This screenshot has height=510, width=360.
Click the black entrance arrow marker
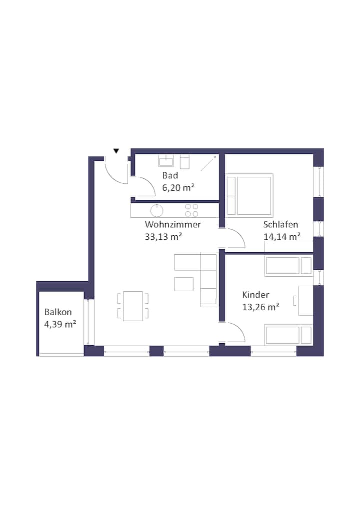(x=116, y=151)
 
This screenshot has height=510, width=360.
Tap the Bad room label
(x=170, y=176)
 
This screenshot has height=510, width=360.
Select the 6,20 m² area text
(x=178, y=188)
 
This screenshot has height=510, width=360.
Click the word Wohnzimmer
(x=173, y=224)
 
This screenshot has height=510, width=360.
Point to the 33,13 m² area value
(x=163, y=237)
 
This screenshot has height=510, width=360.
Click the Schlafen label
(x=280, y=224)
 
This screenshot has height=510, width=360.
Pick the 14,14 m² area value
(x=282, y=237)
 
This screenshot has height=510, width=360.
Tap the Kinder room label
(x=255, y=295)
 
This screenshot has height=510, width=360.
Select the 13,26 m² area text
(x=260, y=307)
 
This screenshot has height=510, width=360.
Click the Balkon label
(x=58, y=312)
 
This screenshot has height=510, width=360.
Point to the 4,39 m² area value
(x=60, y=324)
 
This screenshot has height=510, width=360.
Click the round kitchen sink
(x=157, y=210)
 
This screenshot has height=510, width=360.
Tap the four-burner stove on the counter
(x=191, y=210)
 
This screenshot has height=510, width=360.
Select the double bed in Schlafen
(x=249, y=195)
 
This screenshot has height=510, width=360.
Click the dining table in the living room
(x=133, y=306)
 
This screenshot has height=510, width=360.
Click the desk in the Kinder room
(x=305, y=301)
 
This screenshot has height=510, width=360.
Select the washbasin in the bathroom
(x=165, y=161)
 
